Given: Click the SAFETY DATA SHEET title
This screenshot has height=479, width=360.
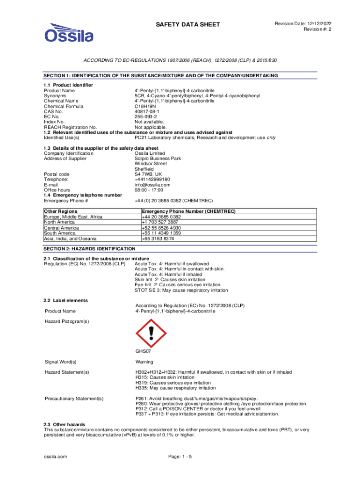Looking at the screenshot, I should (x=187, y=24).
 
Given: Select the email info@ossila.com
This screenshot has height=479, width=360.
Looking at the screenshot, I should (x=152, y=184).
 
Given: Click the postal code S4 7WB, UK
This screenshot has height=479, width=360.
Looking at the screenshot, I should (x=148, y=174).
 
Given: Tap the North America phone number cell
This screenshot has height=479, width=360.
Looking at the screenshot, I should (x=160, y=222).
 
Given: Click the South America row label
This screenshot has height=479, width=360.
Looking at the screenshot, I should (x=61, y=233).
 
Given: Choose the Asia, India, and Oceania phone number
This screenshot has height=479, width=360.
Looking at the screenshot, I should (x=158, y=239).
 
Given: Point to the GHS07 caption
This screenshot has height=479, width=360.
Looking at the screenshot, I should (x=143, y=351).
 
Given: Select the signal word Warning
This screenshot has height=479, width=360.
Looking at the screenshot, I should (x=144, y=362).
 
